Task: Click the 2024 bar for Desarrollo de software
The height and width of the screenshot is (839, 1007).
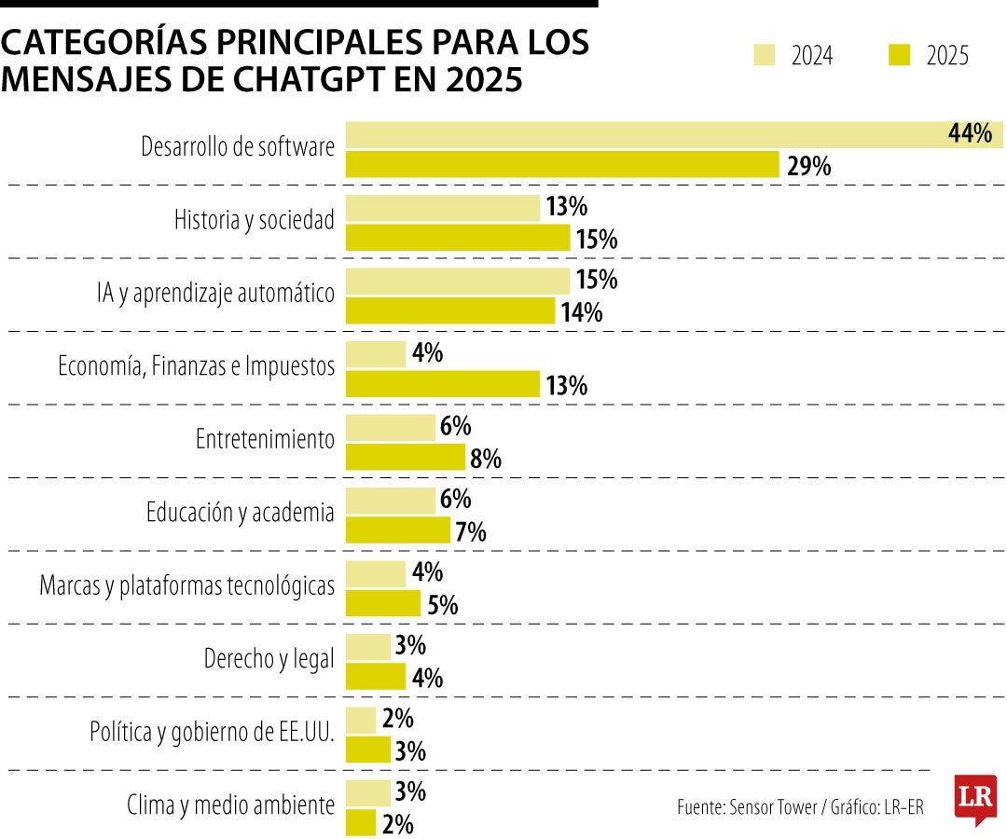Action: coord(643,134)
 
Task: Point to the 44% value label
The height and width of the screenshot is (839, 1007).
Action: coord(969,134)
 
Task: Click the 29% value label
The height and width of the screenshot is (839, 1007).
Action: coord(807,167)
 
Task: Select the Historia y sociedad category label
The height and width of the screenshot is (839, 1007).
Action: coord(254,221)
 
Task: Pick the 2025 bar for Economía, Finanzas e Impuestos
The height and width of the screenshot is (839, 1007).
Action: coord(443,384)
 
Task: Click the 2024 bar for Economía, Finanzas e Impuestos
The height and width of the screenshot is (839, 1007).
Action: coord(376,354)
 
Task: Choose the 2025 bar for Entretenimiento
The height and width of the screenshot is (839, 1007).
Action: coord(406,457)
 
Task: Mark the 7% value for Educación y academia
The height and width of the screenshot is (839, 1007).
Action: coord(471,532)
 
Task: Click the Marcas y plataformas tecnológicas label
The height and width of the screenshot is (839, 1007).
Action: coord(186,586)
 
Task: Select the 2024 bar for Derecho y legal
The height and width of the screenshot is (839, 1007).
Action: coord(368,647)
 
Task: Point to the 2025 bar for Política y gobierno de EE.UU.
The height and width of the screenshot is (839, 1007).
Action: coord(368,750)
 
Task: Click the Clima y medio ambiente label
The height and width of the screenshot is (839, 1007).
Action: coord(230,805)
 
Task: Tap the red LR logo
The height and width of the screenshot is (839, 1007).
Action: coord(975,799)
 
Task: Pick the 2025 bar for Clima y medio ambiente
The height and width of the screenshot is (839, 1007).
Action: coord(361,823)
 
